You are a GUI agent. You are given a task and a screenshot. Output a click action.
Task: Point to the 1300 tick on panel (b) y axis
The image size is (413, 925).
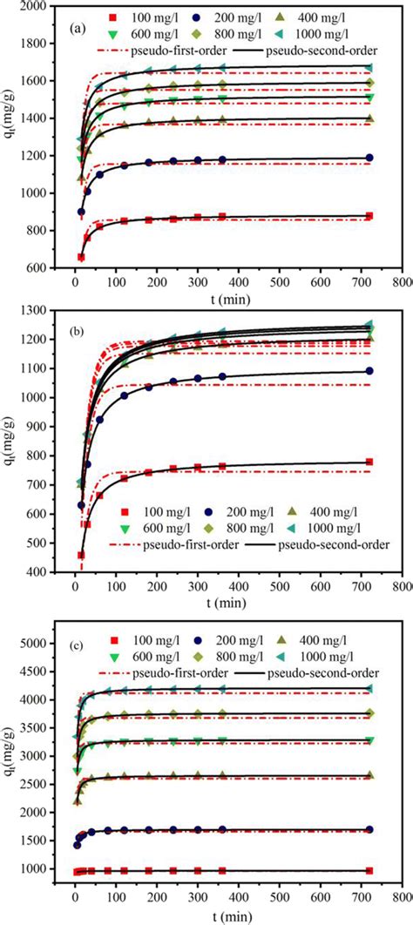point(37,311)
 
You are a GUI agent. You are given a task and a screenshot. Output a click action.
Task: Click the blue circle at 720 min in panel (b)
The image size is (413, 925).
point(369,371)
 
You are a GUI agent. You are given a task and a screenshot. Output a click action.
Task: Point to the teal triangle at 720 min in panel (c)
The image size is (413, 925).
point(369,688)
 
